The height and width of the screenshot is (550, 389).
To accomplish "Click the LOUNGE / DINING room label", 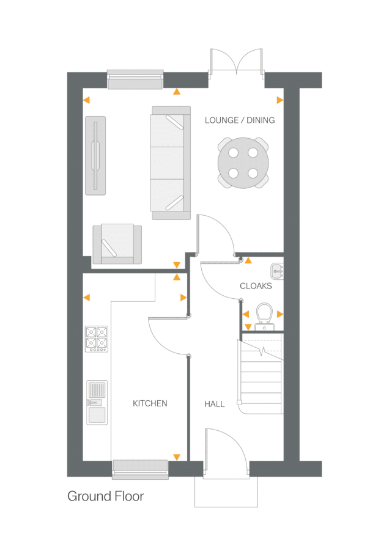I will pos(239,120).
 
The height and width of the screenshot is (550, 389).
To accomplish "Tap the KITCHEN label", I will pos(150,403).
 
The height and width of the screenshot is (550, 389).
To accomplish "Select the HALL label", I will pos(214,404).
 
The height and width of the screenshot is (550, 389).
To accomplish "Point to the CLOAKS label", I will pos(256,286).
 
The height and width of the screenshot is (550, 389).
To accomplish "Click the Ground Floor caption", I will pos(106,496).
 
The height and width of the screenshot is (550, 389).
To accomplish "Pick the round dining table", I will pos(243,163).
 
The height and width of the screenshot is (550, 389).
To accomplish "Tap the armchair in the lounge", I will pos(116,244).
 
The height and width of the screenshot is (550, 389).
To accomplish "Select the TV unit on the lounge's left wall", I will pos(95,155).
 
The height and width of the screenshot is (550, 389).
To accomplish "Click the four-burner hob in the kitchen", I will pos(97,339).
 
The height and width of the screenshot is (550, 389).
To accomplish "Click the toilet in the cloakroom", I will pos(264,315).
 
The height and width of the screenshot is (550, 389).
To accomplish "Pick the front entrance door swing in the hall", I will pos(226,449).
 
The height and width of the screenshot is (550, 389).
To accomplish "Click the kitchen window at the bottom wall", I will pos(140,467).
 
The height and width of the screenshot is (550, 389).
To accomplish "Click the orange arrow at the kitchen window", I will pos(177,457).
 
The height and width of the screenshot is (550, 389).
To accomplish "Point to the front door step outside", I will pos(227,492).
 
